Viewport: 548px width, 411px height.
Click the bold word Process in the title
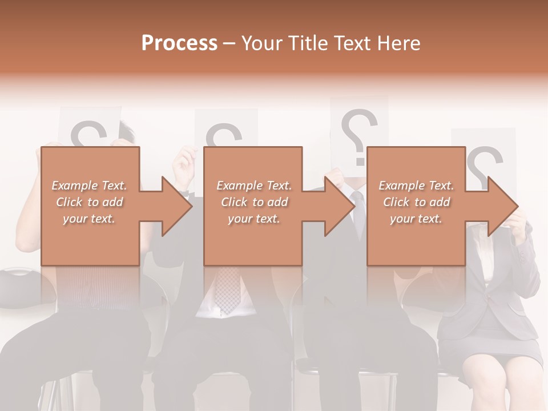179,43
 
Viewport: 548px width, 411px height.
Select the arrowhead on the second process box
339,206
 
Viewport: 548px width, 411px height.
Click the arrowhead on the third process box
501,206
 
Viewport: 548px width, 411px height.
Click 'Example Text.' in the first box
89,186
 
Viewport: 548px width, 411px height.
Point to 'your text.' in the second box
253,219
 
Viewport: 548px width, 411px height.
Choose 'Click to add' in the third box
416,202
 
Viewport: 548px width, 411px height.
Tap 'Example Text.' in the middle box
253,186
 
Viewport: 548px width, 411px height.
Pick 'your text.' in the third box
416,219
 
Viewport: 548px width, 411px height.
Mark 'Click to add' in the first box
89,202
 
